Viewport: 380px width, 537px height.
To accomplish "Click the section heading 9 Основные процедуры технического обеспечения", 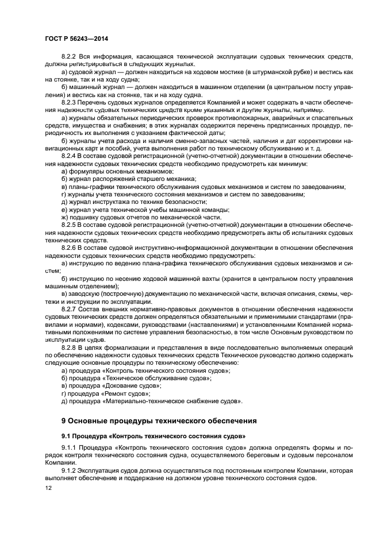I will [159, 420].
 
